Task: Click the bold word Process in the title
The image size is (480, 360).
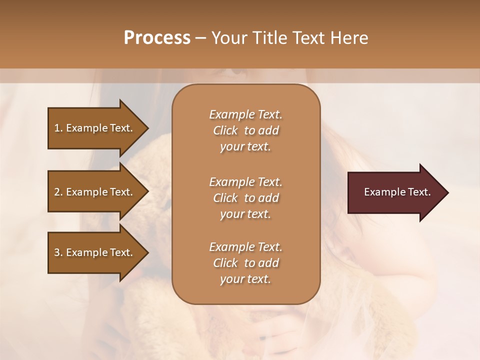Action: click(157, 38)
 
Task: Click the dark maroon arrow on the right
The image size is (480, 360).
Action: click(395, 192)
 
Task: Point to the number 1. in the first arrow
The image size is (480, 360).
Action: click(58, 128)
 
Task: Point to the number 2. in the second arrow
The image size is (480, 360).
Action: click(58, 192)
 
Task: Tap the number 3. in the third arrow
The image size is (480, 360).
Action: click(58, 252)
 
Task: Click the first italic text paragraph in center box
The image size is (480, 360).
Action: click(245, 130)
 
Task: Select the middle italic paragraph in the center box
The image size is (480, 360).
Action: click(245, 198)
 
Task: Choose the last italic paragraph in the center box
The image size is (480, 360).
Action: click(245, 263)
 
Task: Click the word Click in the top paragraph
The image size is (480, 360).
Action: click(225, 130)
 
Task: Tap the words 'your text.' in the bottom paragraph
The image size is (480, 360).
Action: click(245, 279)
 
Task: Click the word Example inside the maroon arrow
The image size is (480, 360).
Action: click(381, 192)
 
